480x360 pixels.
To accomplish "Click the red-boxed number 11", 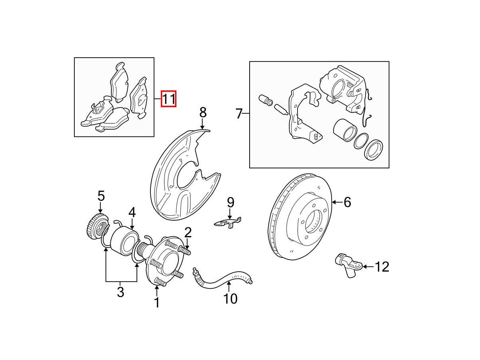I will tap(168, 99).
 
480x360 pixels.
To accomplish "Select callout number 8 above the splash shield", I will tap(203, 112).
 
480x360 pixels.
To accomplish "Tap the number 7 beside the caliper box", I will tap(239, 114).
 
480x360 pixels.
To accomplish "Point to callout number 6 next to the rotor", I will tap(347, 202).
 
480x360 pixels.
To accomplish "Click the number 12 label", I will tap(382, 266).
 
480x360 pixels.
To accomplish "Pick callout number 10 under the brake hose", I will tap(231, 298).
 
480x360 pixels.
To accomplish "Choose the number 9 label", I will tap(230, 202).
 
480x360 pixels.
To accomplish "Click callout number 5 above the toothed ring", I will tap(101, 196).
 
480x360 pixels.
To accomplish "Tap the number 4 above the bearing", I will tap(132, 212).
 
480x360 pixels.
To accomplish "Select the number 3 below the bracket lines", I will tap(120, 292).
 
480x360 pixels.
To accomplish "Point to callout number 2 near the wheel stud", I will tap(188, 232).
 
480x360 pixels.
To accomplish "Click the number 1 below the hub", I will tap(157, 302).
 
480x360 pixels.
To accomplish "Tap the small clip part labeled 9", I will tap(227, 222).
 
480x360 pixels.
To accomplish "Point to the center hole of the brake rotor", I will tap(313, 220).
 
